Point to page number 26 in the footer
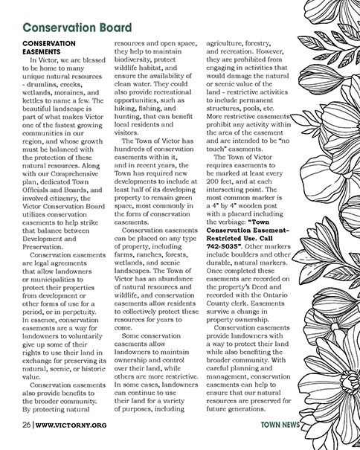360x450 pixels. point(25,425)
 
